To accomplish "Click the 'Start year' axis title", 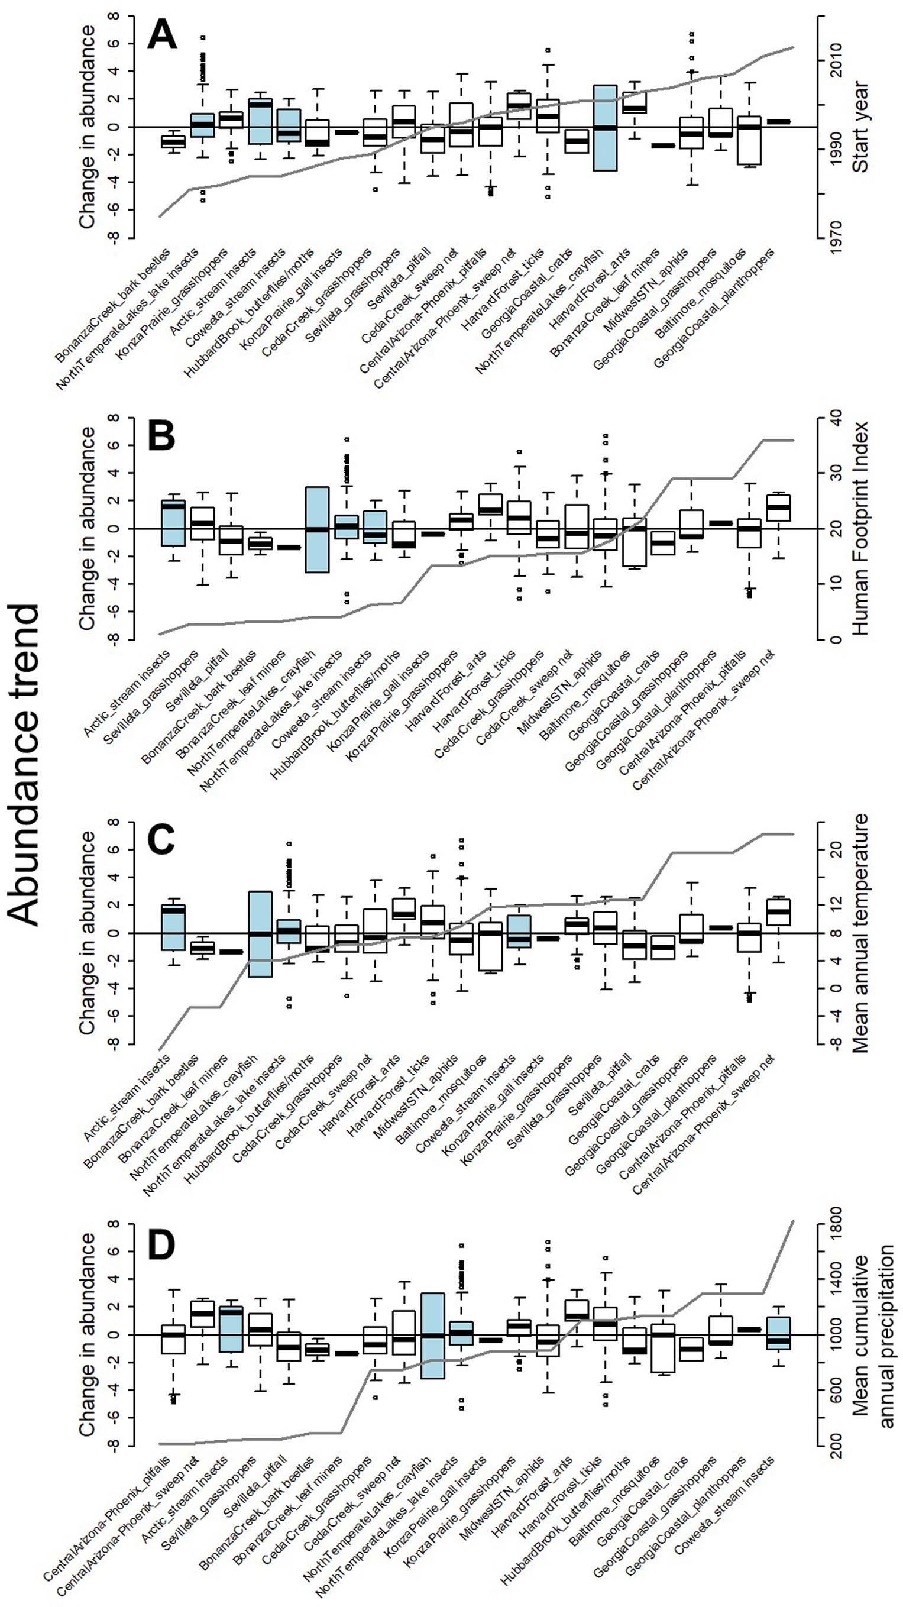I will [x=861, y=127].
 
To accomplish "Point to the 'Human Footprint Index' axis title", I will [x=860, y=528].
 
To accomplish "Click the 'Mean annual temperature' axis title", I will [x=860, y=933].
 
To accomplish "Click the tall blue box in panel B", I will [x=317, y=529].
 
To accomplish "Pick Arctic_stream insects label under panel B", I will [x=127, y=693].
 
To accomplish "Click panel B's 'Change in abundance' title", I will [x=88, y=528].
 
